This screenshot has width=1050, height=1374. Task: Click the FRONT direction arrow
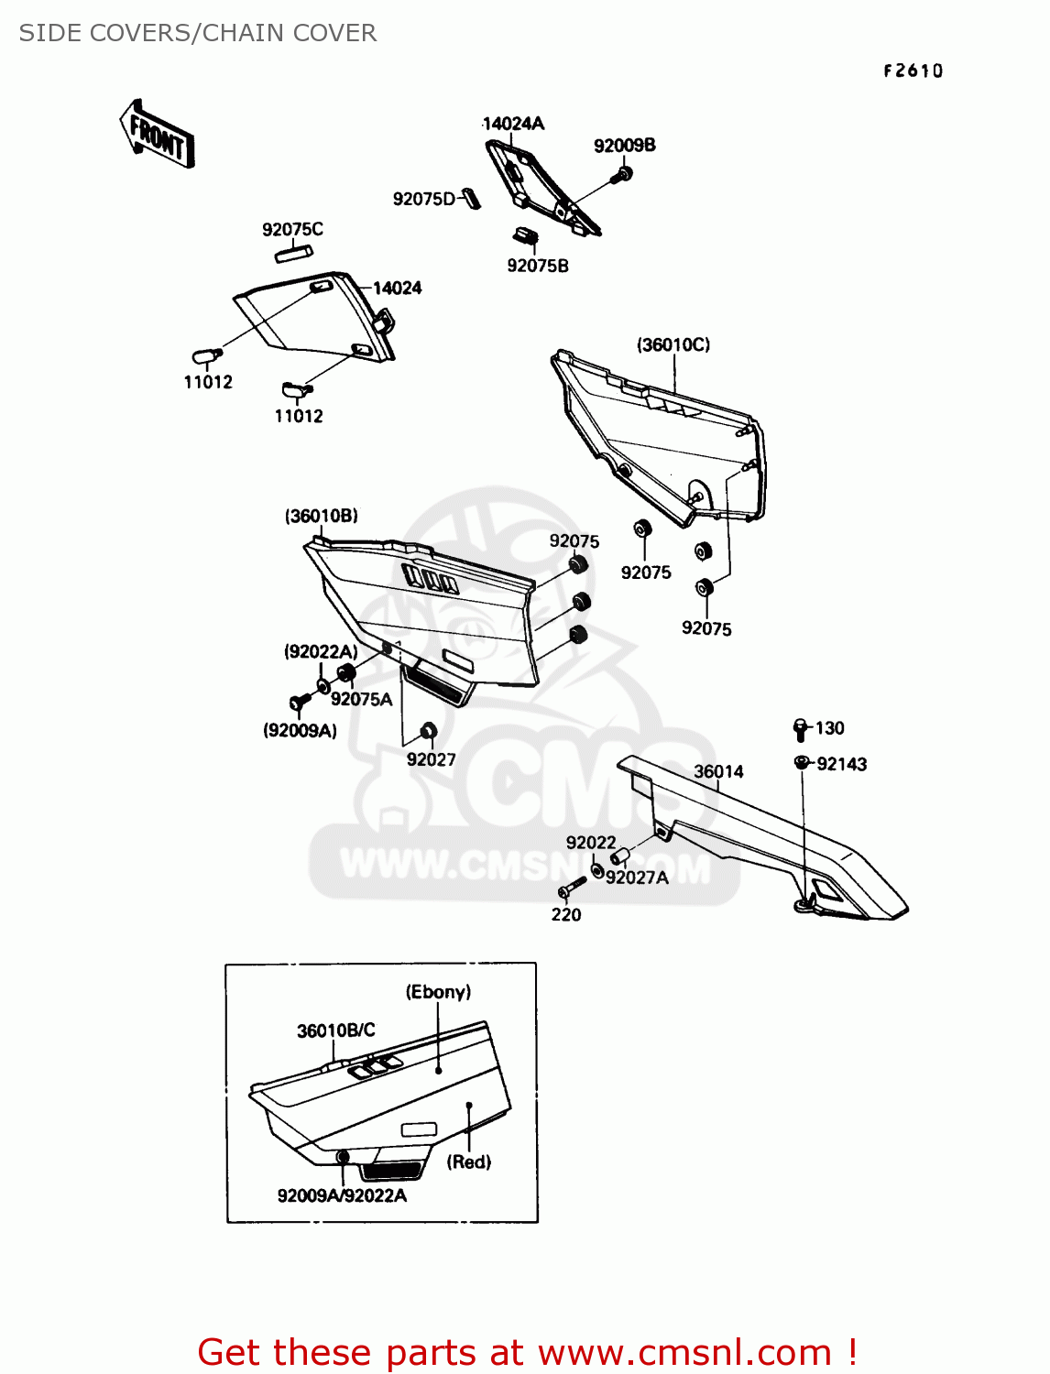click(x=157, y=134)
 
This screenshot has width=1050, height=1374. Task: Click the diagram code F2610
click(x=913, y=71)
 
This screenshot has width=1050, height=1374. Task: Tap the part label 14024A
click(x=513, y=124)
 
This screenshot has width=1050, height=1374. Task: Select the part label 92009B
click(x=624, y=146)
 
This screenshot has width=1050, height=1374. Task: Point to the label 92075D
click(x=424, y=199)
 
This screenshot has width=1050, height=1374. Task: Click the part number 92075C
click(x=292, y=229)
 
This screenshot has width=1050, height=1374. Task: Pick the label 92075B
click(x=538, y=266)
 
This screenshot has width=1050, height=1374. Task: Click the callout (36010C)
click(x=673, y=344)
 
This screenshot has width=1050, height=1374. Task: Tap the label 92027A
click(x=637, y=878)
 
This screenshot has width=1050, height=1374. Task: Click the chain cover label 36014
click(x=718, y=771)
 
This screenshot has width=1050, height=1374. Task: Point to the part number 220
click(x=566, y=914)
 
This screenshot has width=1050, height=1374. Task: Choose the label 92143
click(x=841, y=764)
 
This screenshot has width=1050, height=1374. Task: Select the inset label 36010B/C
click(x=335, y=1030)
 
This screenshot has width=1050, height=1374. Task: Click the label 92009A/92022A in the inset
click(x=342, y=1195)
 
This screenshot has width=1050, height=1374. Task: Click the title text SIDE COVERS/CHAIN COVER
click(x=198, y=33)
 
